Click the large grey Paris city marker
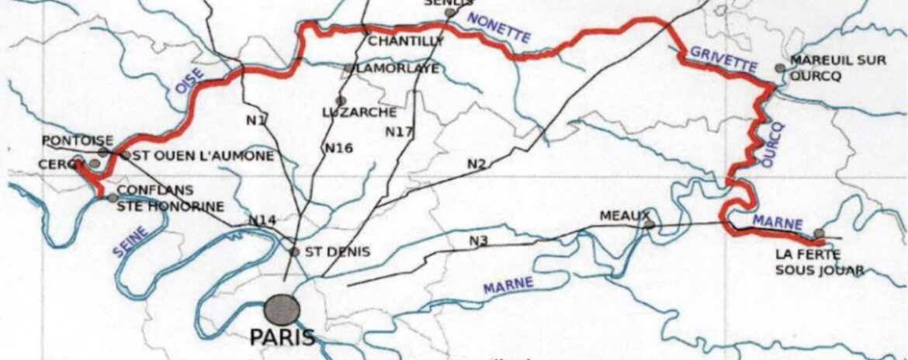click(x=281, y=310)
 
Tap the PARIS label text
click(x=282, y=337)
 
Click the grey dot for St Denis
click(x=294, y=252)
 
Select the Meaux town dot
click(x=650, y=225)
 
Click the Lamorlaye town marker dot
click(x=348, y=68)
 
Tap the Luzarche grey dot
click(x=340, y=100)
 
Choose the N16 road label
click(x=339, y=147)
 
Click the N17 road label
click(x=399, y=131)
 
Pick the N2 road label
click(x=477, y=164)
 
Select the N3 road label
click(x=479, y=241)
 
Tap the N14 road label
click(x=262, y=221)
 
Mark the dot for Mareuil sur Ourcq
click(x=780, y=68)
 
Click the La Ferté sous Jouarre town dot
click(x=819, y=233)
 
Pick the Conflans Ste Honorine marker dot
click(x=112, y=198)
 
